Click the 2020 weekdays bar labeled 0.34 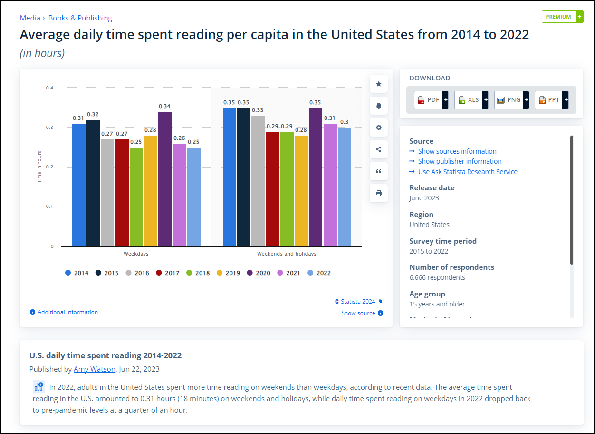(x=165, y=179)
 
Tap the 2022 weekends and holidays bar (x=345, y=187)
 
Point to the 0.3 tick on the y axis (x=49, y=128)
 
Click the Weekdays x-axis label (x=136, y=254)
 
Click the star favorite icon (x=379, y=84)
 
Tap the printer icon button (x=379, y=193)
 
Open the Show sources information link (x=457, y=151)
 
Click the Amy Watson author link (x=94, y=369)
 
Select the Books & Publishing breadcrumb (x=80, y=18)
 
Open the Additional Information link (x=67, y=312)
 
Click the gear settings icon (x=379, y=128)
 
